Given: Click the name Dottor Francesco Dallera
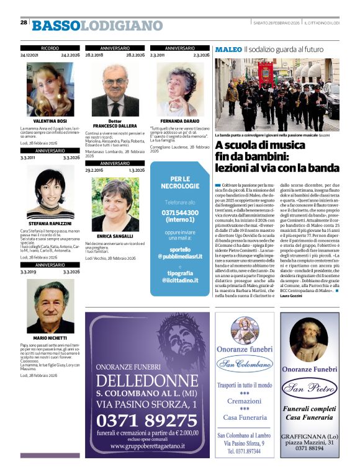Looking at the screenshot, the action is tap(112, 123).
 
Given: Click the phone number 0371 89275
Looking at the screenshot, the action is tap(147, 420).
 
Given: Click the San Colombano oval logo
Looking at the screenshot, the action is tap(245, 363).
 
